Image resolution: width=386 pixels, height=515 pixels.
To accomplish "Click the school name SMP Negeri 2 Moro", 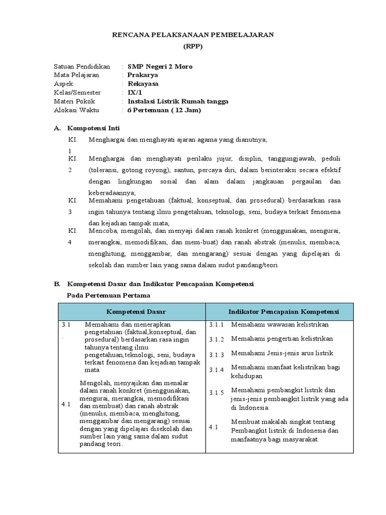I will coord(160,66).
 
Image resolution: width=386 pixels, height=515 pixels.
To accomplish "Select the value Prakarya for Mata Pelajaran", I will coord(143,75).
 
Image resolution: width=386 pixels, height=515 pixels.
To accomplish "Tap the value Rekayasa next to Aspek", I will coord(144,83).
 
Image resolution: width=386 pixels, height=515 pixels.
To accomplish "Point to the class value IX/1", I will coord(135,93).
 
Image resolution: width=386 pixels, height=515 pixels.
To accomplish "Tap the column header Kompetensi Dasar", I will coord(132,312).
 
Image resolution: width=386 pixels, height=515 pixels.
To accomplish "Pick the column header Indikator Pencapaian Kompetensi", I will coord(283,312).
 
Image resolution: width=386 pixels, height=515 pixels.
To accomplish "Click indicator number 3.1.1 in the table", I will coord(217,325).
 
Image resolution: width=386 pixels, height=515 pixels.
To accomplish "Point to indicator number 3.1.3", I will coord(217,355).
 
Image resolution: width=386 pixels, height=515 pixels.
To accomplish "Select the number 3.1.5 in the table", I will coord(217,393).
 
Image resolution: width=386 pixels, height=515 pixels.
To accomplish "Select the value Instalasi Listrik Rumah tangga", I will coord(178,101).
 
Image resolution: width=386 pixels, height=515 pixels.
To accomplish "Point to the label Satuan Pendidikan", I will coord(81,66).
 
